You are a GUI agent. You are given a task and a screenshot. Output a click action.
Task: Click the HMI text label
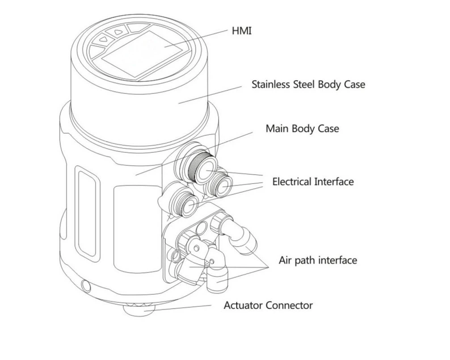(242, 31)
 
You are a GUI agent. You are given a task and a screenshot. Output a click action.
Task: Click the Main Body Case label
(302, 129)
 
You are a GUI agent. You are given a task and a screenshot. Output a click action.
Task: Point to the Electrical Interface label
(313, 182)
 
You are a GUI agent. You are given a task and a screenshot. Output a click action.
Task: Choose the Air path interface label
(318, 260)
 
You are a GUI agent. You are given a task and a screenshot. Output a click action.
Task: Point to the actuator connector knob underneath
(139, 308)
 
